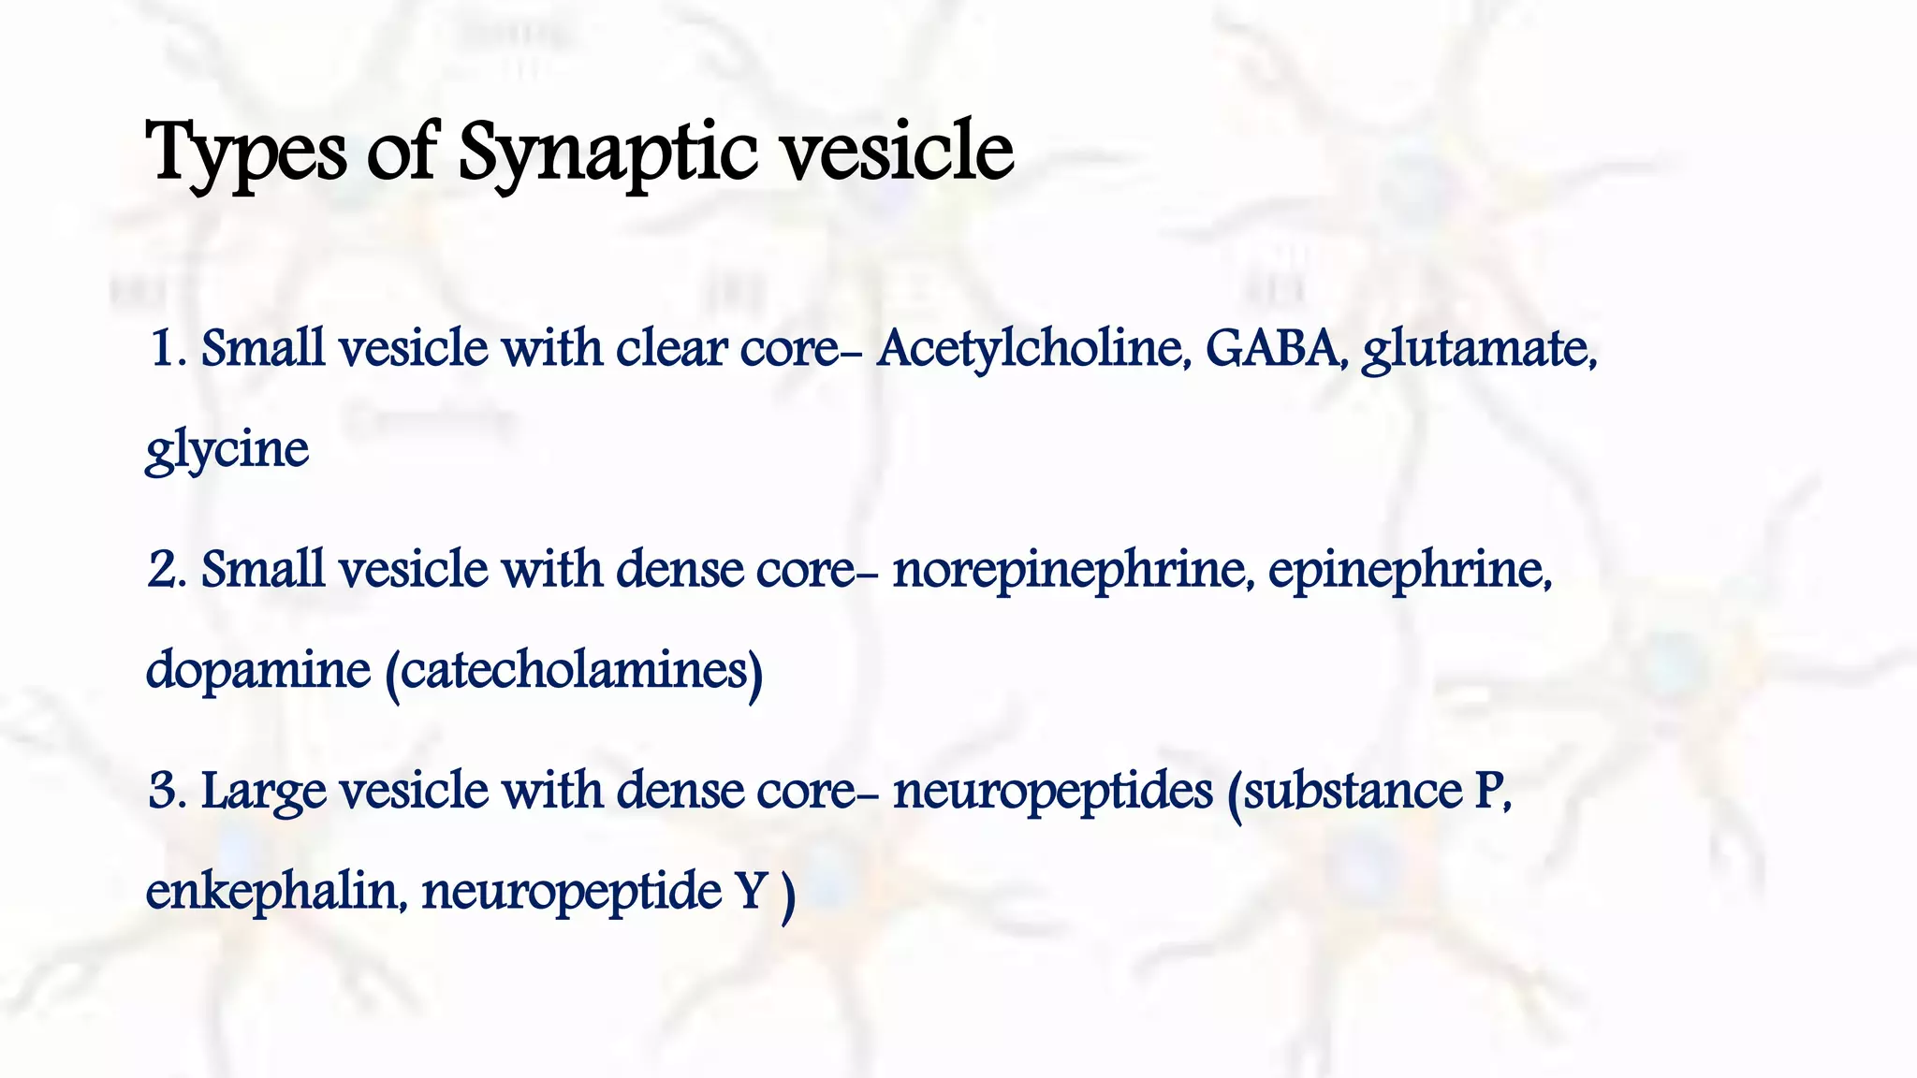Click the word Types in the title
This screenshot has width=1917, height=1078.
coord(245,153)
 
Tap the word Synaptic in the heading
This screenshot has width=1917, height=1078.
coord(607,153)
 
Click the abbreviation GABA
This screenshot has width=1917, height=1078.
coord(1277,348)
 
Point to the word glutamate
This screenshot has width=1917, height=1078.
coord(1479,349)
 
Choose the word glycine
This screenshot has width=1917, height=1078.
coord(227,449)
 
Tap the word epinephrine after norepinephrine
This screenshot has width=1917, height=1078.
coord(1410,570)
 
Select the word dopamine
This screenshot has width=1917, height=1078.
coord(258,670)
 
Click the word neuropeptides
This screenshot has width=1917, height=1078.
coord(1052,791)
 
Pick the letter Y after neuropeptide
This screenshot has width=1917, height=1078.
coord(751,891)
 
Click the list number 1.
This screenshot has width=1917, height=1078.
coord(166,349)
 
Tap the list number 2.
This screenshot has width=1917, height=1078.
coord(165,570)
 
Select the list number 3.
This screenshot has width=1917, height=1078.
coord(165,791)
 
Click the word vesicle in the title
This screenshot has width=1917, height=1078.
coord(898,153)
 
